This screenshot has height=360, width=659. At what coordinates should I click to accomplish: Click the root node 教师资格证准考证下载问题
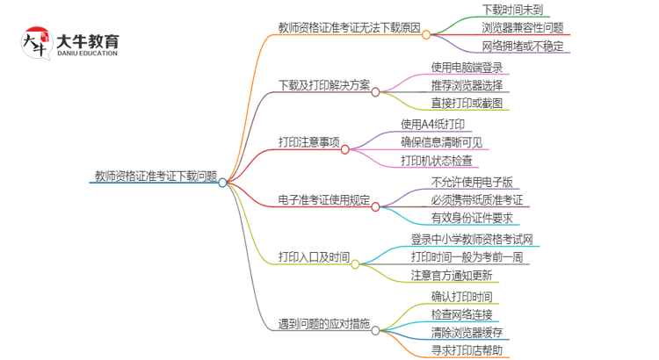(x=156, y=175)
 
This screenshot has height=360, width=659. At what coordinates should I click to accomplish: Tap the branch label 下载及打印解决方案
(x=323, y=85)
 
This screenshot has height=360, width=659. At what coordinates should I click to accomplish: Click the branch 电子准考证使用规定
(x=322, y=200)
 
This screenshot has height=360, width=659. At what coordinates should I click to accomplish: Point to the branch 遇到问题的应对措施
(x=322, y=324)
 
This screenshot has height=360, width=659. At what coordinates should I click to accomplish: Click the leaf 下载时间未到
(x=511, y=10)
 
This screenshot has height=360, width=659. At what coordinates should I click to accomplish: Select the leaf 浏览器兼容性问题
(x=522, y=28)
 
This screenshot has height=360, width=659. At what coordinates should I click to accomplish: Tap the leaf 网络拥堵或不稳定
(x=522, y=47)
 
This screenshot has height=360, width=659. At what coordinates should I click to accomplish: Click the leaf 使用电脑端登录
(x=467, y=67)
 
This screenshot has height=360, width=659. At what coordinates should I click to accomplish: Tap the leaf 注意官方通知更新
(x=456, y=276)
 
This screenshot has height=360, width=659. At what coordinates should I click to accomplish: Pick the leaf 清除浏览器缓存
(x=467, y=333)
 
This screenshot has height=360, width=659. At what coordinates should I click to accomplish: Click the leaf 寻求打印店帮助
(x=467, y=351)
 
